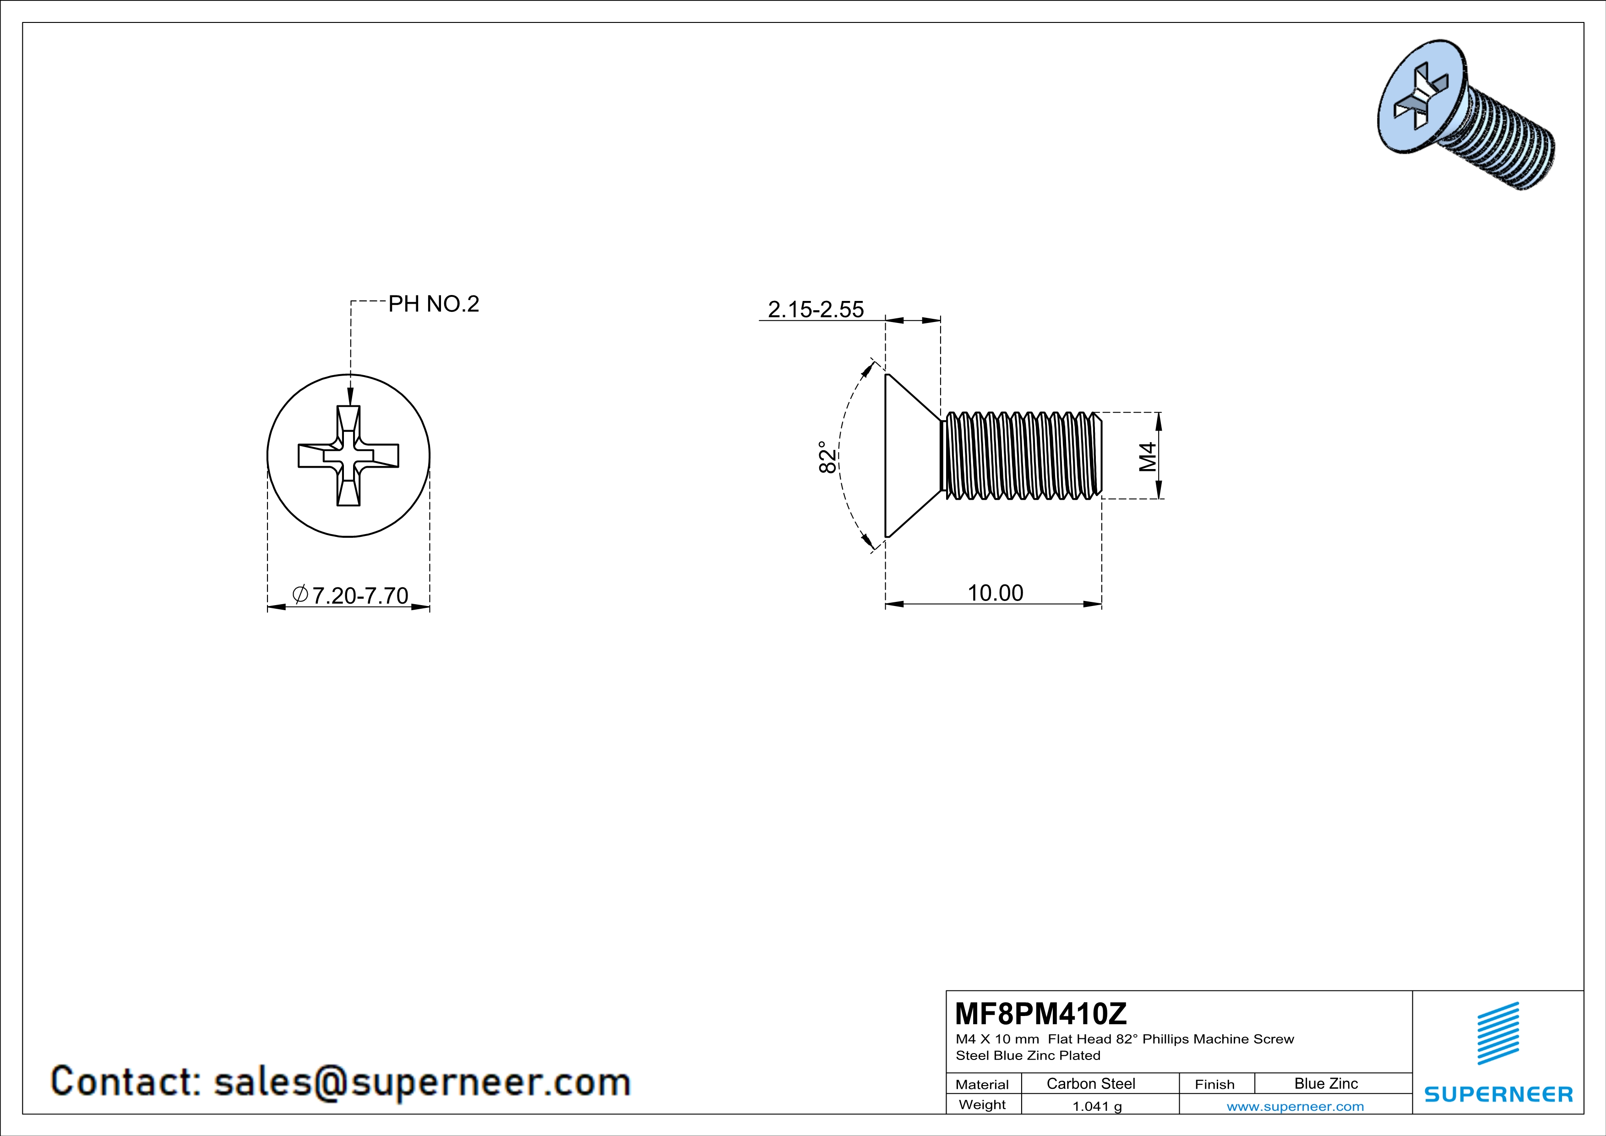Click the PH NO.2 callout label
click(434, 304)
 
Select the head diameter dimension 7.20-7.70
click(359, 595)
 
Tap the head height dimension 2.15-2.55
click(816, 309)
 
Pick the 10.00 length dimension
click(995, 593)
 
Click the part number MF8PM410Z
click(1041, 1014)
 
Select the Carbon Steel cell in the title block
click(1090, 1083)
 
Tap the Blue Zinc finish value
click(1325, 1083)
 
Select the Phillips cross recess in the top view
click(348, 455)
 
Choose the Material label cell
click(982, 1084)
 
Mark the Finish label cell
click(1214, 1084)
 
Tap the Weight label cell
click(982, 1105)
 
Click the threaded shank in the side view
click(1021, 456)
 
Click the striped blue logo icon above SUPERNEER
click(1497, 1033)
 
